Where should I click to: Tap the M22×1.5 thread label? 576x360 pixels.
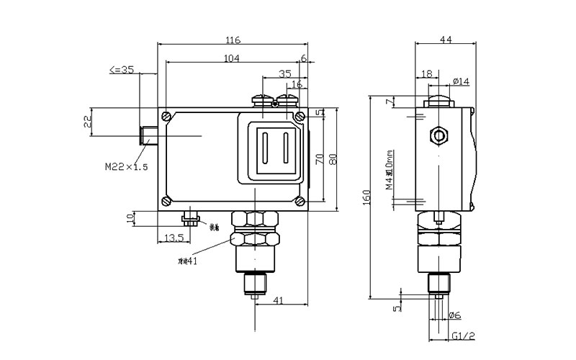pos(126,167)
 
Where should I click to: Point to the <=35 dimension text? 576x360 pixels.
pos(122,70)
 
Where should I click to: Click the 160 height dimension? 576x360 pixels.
pos(366,196)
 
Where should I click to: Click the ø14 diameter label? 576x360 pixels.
pos(461,81)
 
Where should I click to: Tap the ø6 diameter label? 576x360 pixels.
pos(454,315)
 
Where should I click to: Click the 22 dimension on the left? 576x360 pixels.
pos(89,121)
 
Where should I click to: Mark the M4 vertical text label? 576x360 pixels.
pos(389,170)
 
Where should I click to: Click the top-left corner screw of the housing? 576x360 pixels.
pos(167,116)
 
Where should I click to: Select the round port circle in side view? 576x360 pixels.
pos(436,135)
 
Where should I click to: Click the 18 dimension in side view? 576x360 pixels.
pos(426,73)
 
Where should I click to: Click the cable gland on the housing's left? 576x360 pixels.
pos(149,134)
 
